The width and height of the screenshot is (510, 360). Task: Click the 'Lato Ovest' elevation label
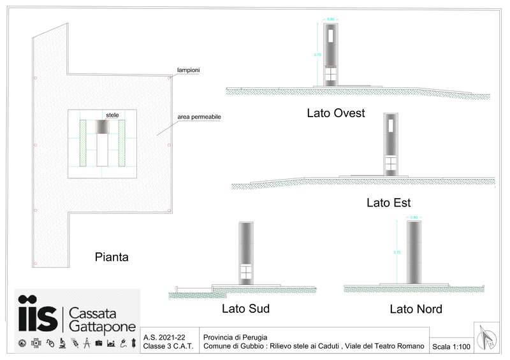point(335,114)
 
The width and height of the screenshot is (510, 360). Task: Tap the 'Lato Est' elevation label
point(388,203)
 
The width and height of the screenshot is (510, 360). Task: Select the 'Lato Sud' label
point(245,309)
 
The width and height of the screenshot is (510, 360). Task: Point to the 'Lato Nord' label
point(416,309)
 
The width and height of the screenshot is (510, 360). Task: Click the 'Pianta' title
point(112,258)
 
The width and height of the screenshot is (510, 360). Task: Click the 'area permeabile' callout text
point(199,118)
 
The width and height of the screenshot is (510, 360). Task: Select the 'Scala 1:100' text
point(451,347)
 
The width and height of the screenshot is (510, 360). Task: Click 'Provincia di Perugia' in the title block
point(235,336)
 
